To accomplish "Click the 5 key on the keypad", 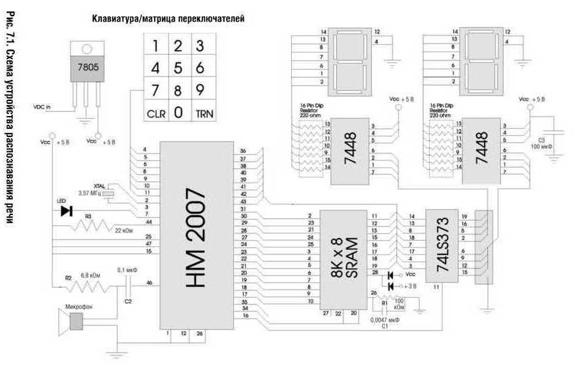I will [x=178, y=68].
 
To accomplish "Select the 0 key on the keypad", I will [x=178, y=112].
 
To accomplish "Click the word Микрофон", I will [x=78, y=307].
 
